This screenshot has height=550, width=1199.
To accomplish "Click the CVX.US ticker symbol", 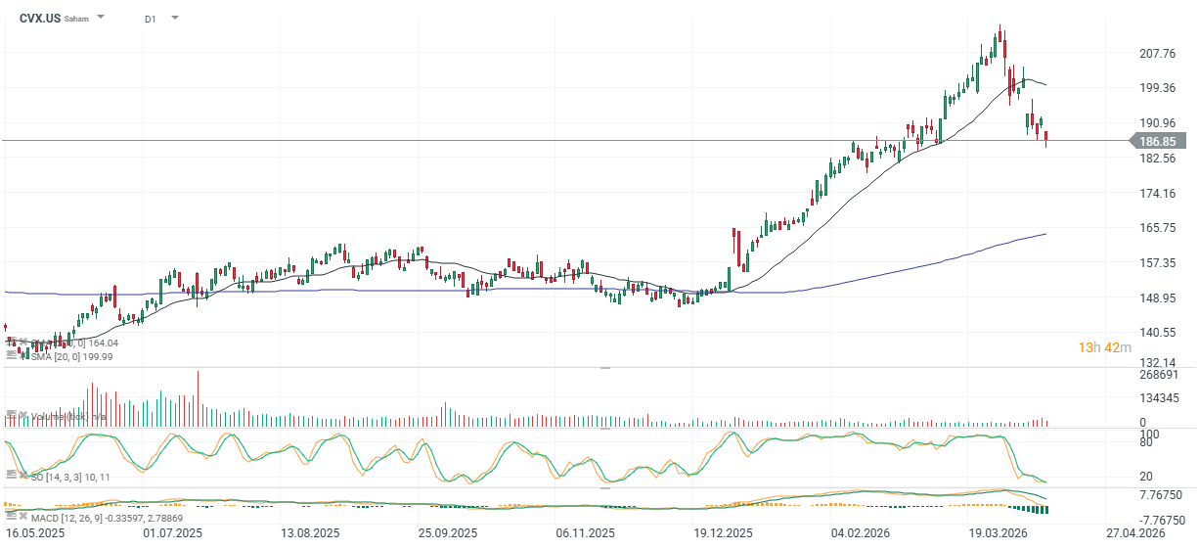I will [39, 18].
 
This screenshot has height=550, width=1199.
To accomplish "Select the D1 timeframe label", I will [150, 19].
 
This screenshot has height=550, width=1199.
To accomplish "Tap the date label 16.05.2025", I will [35, 534].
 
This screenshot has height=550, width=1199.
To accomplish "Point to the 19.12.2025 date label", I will [724, 534].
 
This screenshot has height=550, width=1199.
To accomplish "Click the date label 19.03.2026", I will [998, 534].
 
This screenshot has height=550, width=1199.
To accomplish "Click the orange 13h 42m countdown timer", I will [1104, 348].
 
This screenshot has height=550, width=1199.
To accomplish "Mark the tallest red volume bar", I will [198, 399].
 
